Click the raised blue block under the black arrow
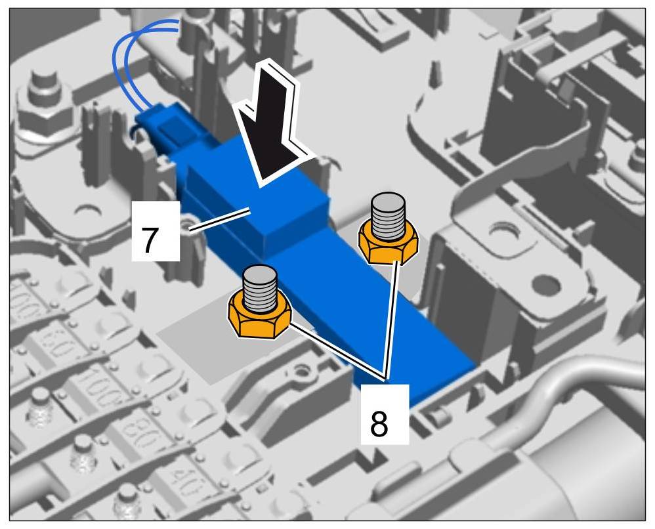(289, 217)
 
